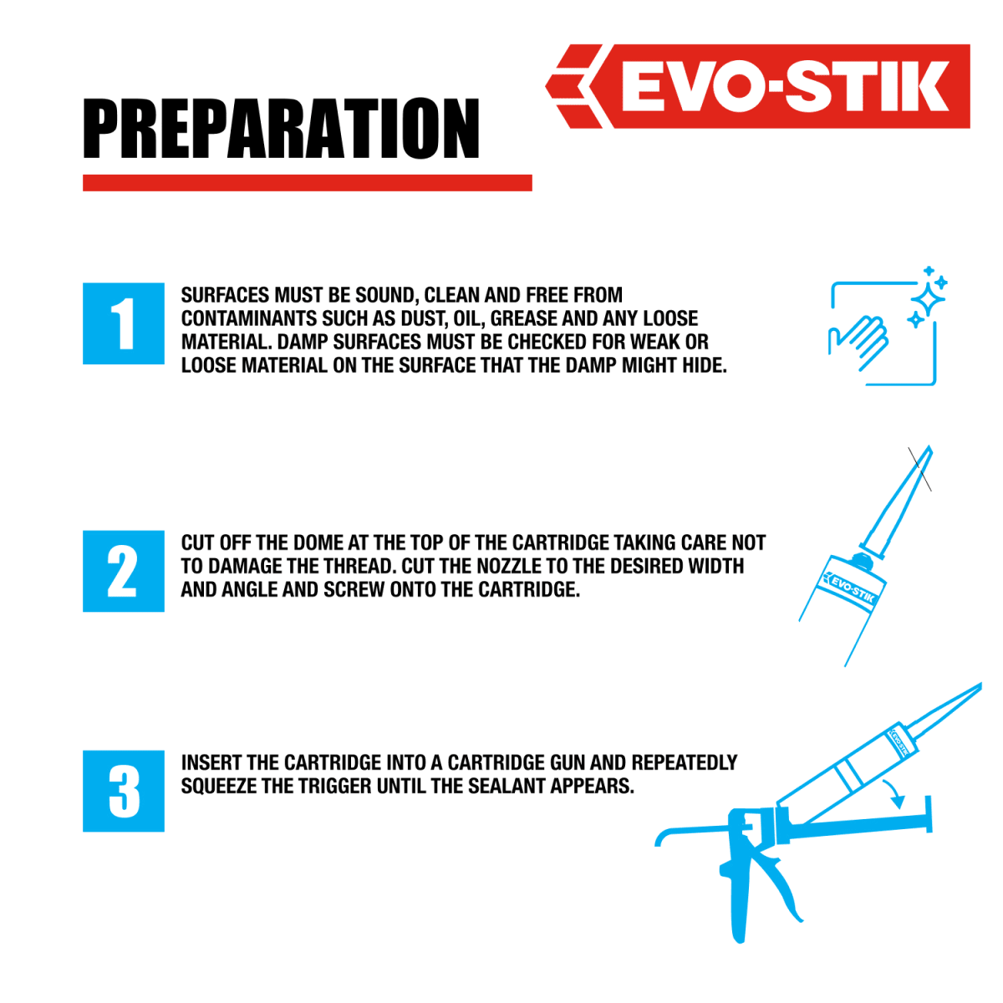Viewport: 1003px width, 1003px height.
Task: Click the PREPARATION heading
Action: (281, 128)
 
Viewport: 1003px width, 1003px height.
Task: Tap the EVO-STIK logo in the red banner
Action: (757, 86)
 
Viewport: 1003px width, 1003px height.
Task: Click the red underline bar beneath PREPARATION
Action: (307, 183)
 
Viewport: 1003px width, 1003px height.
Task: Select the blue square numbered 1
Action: (124, 323)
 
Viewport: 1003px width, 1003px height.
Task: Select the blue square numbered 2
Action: (124, 571)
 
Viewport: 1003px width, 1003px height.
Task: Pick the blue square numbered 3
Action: (124, 791)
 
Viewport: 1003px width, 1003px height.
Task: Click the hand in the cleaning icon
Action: (859, 341)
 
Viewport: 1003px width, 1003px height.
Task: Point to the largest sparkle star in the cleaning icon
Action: (928, 300)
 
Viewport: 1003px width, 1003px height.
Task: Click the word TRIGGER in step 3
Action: (334, 786)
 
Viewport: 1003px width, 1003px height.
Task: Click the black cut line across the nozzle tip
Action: (919, 469)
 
